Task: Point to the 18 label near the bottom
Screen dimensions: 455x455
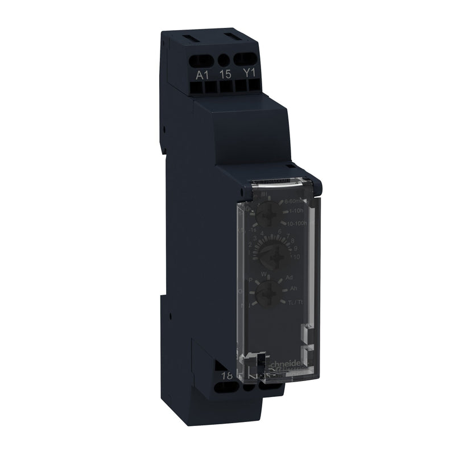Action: tap(226, 375)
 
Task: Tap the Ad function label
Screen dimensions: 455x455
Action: tap(289, 276)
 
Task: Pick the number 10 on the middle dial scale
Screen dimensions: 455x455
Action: tap(296, 257)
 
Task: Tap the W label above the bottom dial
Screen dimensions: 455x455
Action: tap(263, 275)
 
